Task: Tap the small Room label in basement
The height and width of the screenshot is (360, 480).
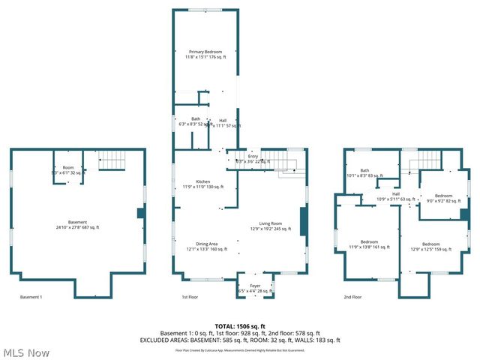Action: [68, 169]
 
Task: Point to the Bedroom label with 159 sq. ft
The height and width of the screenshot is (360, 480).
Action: [430, 247]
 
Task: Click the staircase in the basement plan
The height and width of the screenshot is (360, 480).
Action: [115, 160]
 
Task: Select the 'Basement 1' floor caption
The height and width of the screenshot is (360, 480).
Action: [31, 297]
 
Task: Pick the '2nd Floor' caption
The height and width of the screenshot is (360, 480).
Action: [352, 297]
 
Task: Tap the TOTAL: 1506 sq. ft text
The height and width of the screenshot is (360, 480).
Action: [241, 325]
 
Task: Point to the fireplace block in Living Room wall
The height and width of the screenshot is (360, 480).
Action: [303, 222]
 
